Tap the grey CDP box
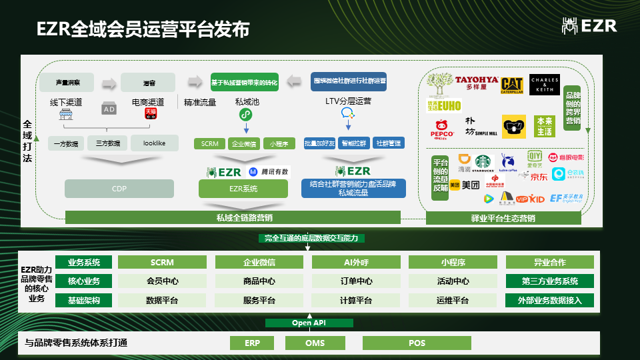coord(119,189)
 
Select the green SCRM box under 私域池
coord(209,143)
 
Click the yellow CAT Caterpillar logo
coord(511,85)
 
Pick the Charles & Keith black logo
coord(545,85)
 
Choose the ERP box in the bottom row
coord(252,343)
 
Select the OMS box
coord(315,343)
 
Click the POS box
coord(417,343)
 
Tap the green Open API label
coord(309,323)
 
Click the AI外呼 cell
coord(356,262)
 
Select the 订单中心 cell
coord(356,281)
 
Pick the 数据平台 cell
coord(162,301)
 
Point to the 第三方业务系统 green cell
coord(549,281)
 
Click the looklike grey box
coord(154,143)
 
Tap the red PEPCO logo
coord(443,128)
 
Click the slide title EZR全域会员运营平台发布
coord(143,30)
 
